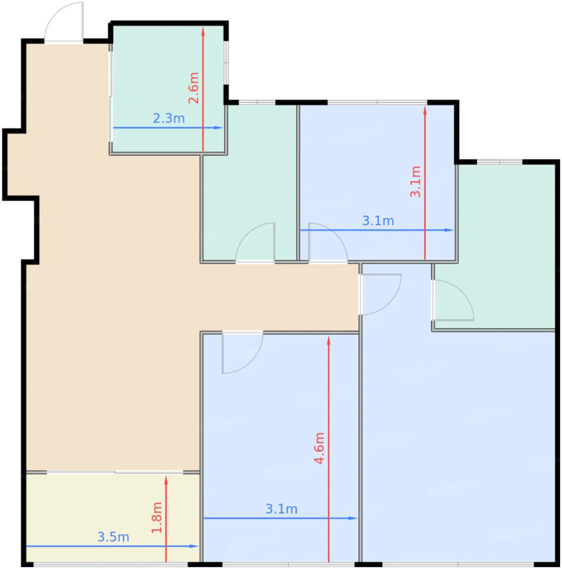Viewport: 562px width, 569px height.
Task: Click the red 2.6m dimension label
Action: pyautogui.click(x=194, y=88)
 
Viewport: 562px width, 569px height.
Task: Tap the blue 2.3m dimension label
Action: pyautogui.click(x=169, y=118)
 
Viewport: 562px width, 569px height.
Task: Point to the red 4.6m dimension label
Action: pyautogui.click(x=319, y=448)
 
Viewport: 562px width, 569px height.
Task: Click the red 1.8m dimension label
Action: pyautogui.click(x=157, y=518)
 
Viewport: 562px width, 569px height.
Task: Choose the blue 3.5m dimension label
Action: pyautogui.click(x=113, y=537)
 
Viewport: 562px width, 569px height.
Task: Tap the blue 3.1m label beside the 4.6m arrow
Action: pyautogui.click(x=282, y=509)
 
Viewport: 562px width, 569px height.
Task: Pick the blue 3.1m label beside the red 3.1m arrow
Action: pyautogui.click(x=378, y=221)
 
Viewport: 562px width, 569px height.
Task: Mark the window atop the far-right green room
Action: pyautogui.click(x=500, y=162)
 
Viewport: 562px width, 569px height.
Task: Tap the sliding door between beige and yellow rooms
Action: pyautogui.click(x=115, y=472)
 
